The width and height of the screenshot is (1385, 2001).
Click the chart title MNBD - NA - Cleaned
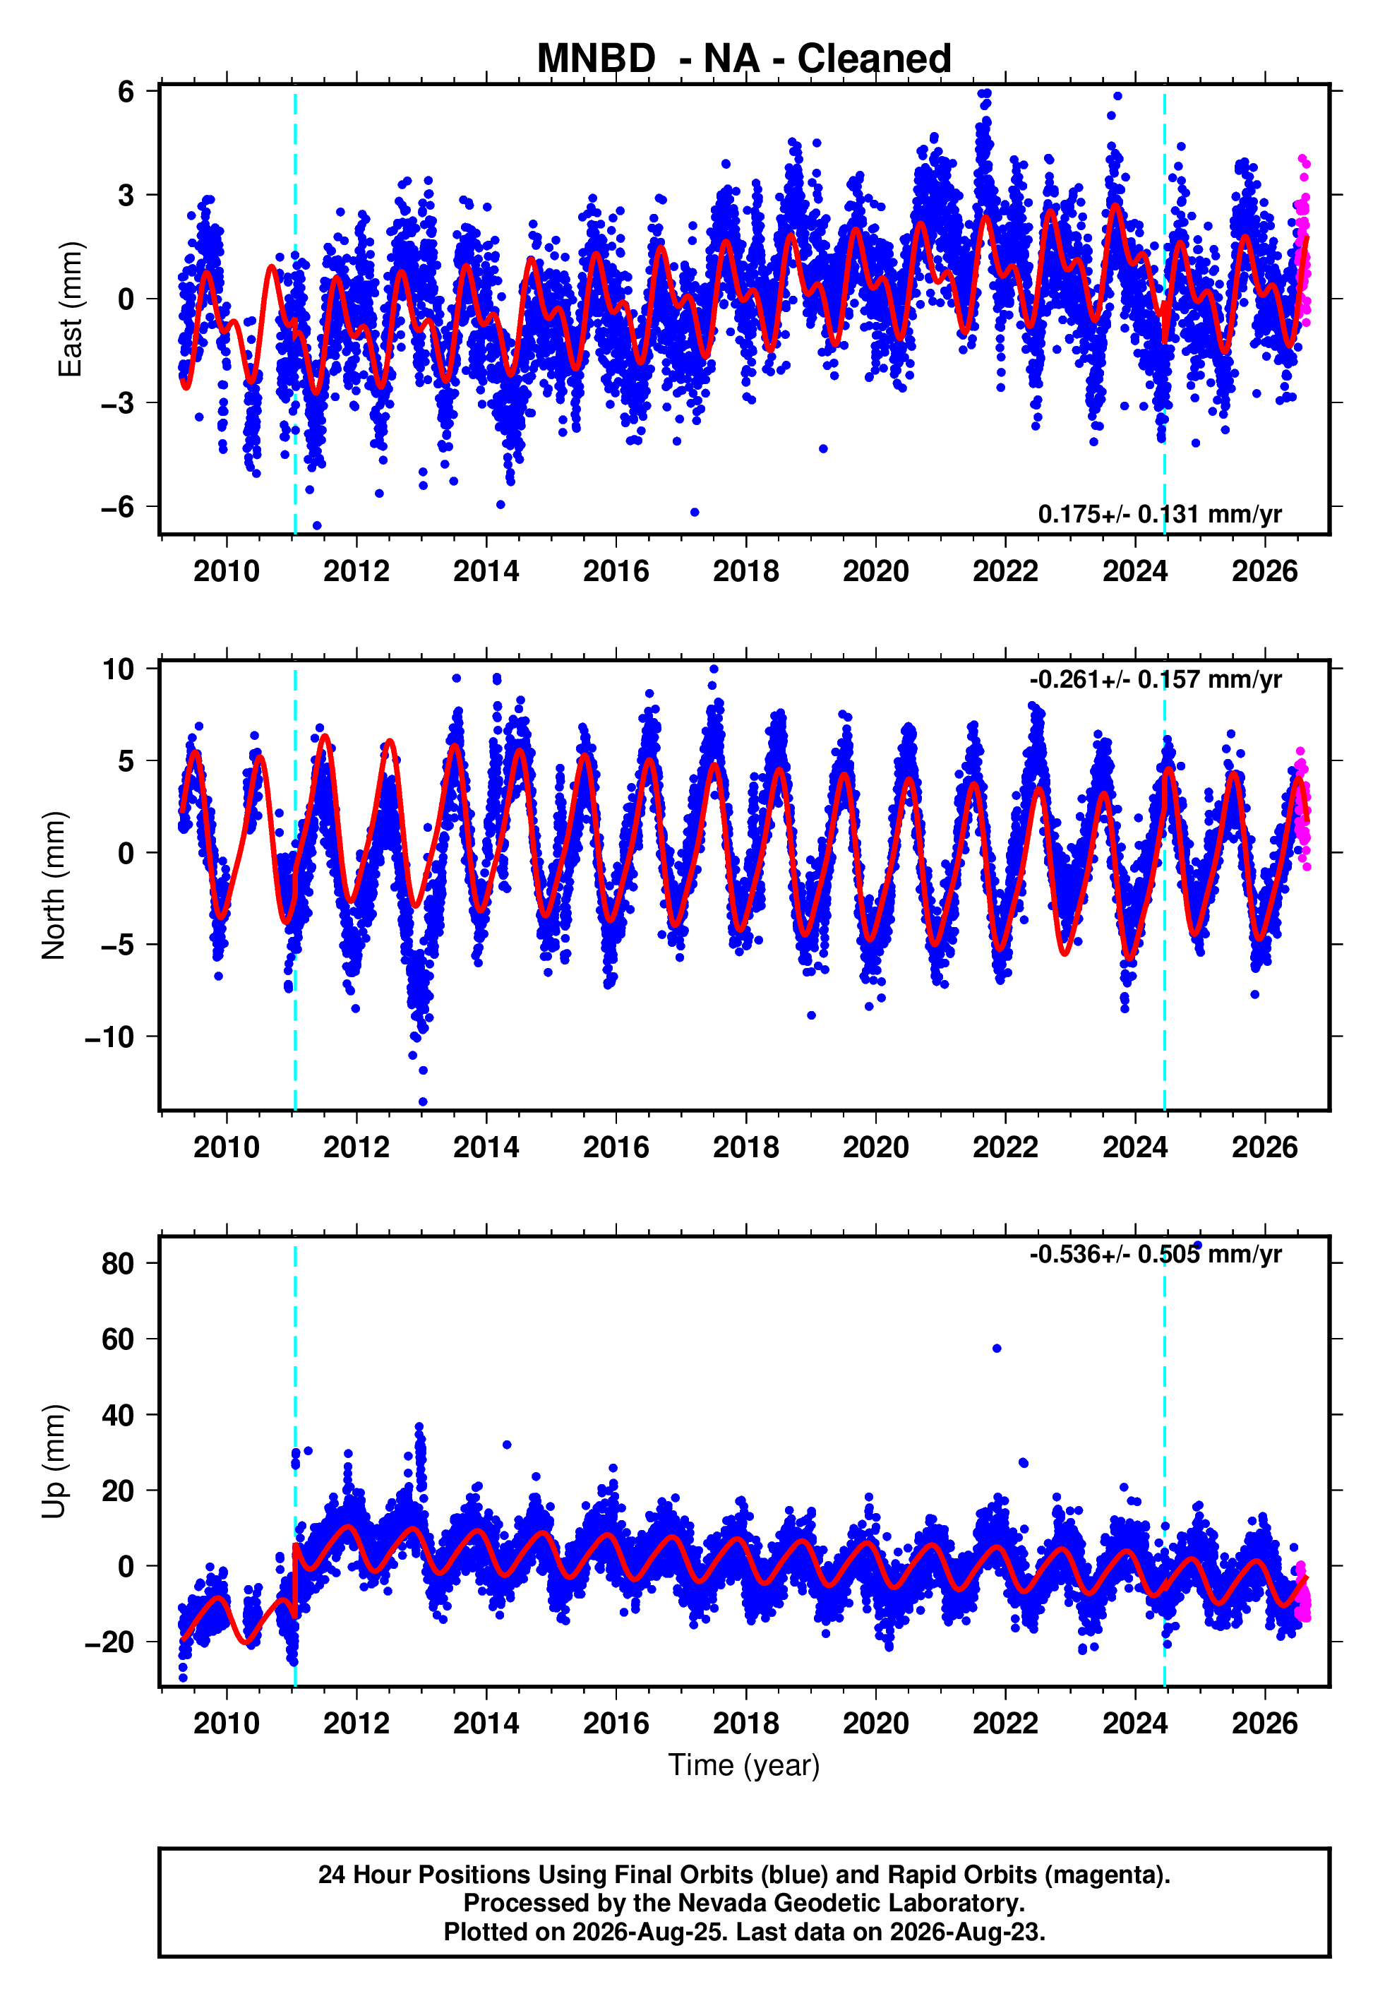(744, 59)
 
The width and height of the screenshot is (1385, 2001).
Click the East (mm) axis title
(71, 310)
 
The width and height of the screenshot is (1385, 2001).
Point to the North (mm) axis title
(54, 885)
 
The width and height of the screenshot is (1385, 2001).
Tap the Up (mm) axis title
(54, 1462)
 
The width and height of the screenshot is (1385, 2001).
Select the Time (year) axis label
(744, 1765)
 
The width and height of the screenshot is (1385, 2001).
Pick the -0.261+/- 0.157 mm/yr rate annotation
(1155, 679)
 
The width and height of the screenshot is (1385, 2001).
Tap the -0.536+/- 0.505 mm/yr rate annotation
(1155, 1255)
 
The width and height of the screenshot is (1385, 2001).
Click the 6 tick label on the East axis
(126, 91)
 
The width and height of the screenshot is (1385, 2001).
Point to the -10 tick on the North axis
(109, 1037)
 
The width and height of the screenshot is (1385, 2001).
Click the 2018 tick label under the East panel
(745, 571)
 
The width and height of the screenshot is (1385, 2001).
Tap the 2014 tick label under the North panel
(486, 1147)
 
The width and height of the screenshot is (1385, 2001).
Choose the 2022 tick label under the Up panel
(1005, 1724)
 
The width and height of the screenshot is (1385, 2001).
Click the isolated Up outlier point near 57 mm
(997, 1349)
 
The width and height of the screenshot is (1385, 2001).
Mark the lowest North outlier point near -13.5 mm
(423, 1102)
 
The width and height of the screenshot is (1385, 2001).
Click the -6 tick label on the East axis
(118, 507)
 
